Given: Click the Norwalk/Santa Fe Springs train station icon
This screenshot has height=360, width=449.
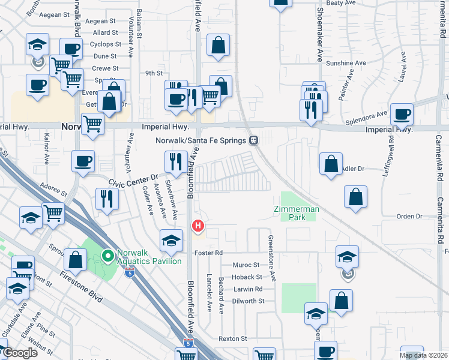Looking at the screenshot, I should click(254, 140).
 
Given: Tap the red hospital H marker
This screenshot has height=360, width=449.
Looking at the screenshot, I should click(197, 226).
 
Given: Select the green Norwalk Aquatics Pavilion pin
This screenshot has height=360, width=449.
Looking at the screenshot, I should click(108, 257).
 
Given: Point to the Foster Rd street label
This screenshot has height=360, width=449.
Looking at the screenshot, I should click(208, 253).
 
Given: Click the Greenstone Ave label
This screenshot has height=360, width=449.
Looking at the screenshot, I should click(272, 259).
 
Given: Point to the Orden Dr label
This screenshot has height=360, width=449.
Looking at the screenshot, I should click(410, 216).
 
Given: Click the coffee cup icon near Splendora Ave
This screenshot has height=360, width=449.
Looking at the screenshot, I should click(402, 114).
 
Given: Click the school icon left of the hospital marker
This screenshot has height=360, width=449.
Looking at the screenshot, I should click(171, 241).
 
